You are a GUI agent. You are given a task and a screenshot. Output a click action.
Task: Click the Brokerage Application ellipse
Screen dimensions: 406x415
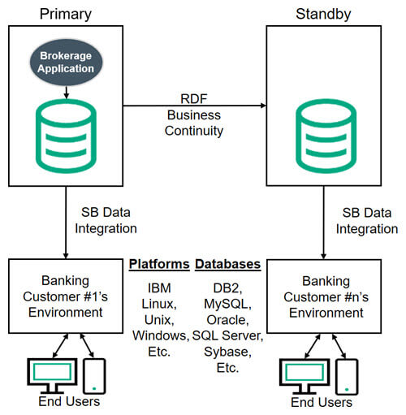coord(66,62)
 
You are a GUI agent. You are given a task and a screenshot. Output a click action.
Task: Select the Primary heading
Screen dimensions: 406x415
coord(66,15)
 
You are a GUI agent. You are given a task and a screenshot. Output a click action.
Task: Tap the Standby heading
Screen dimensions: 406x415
coord(323,14)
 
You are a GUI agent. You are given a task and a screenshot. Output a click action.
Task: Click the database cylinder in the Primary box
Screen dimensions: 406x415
coord(66,136)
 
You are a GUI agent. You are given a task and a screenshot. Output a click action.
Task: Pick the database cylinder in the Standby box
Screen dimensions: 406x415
coord(326,136)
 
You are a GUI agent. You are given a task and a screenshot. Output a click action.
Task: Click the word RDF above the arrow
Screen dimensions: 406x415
coord(194,98)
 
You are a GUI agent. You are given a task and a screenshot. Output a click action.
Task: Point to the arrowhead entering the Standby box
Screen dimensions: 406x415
coord(263,106)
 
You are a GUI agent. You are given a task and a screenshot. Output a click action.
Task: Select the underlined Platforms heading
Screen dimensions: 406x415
coord(159,264)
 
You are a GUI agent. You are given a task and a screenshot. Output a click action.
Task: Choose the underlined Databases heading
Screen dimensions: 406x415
coord(228,264)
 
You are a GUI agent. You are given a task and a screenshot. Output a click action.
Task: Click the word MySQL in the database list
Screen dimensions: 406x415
coord(226,304)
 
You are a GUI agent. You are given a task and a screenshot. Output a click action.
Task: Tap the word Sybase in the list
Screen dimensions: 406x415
coord(226,352)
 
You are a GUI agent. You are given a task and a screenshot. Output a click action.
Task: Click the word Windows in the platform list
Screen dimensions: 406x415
coord(158,335)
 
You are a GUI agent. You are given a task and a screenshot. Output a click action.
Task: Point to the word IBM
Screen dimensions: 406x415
coord(159,288)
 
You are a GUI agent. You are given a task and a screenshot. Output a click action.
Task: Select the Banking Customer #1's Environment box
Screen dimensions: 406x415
coord(66,296)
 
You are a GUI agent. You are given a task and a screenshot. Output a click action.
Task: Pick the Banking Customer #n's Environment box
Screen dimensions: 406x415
coord(324,296)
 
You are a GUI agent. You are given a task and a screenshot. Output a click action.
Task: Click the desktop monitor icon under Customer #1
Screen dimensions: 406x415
coord(52,376)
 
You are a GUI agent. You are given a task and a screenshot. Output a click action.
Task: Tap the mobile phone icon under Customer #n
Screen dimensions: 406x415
coord(347,377)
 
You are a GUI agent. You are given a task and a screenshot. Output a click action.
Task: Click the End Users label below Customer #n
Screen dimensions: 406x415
coord(322,402)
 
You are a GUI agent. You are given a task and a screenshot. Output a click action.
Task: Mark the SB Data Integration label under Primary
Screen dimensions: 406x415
coord(106,220)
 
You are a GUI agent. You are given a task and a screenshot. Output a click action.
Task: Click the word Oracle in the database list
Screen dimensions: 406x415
coord(227,320)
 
